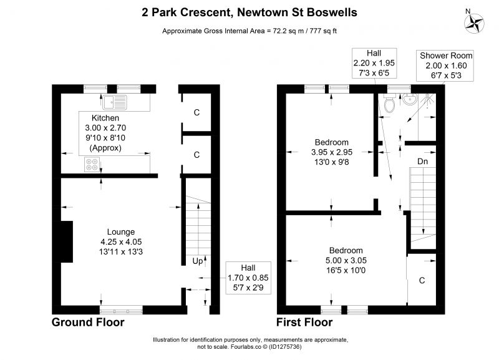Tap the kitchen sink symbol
[x=115, y=102]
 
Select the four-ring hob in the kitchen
[x=92, y=165]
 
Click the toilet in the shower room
[x=389, y=103]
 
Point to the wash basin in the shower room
[x=410, y=99]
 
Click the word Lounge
[x=121, y=231]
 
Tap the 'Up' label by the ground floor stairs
[x=197, y=261]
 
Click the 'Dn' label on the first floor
[x=423, y=162]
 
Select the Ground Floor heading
[x=88, y=322]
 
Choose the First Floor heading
[x=304, y=322]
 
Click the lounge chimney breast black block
[x=67, y=241]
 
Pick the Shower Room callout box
[x=445, y=66]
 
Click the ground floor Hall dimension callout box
[x=248, y=278]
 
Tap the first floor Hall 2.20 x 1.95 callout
[x=374, y=63]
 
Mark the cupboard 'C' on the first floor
[x=422, y=280]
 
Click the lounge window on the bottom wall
[x=121, y=309]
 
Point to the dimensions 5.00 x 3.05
[x=346, y=260]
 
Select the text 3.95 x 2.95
[x=332, y=152]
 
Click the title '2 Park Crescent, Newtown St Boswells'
[x=249, y=12]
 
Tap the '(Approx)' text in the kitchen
[x=105, y=148]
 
